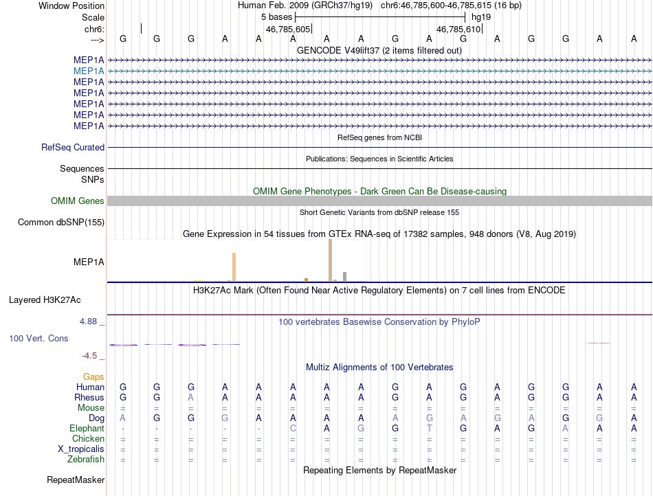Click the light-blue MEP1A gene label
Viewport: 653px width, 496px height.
coord(89,71)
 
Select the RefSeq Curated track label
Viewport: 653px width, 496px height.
coord(73,147)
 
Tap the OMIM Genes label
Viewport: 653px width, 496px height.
coord(77,201)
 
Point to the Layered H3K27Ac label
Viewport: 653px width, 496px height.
coord(45,300)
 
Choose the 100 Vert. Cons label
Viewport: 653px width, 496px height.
coord(38,339)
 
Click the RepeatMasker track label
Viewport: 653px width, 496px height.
coord(75,480)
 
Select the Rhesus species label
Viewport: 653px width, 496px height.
coord(89,397)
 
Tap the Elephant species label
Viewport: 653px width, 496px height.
coord(87,428)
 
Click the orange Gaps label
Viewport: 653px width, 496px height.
coord(93,376)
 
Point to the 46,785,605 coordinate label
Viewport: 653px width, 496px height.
coord(288,30)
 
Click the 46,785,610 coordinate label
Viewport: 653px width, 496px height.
coord(459,30)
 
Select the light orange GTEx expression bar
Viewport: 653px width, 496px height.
coord(234,267)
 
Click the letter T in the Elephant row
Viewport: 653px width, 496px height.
coord(430,428)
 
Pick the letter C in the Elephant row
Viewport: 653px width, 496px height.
coord(293,428)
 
